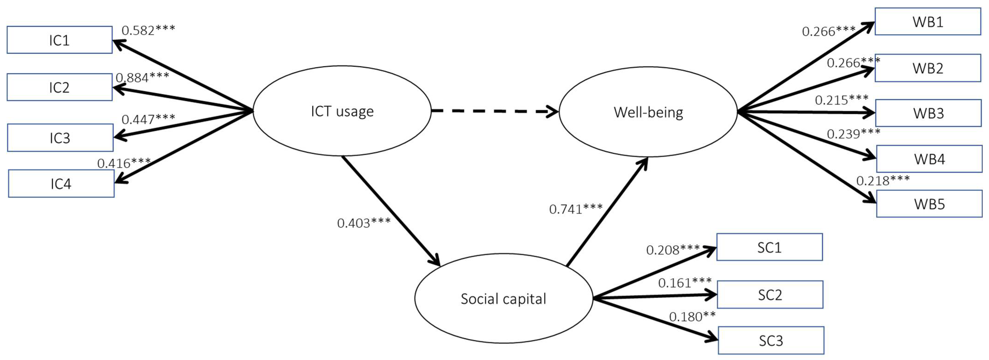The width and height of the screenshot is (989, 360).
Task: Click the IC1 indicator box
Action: [59, 40]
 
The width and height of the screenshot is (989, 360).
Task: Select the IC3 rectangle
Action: [60, 138]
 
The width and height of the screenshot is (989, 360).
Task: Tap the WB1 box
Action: [928, 22]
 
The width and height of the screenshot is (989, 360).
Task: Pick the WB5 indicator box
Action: [929, 204]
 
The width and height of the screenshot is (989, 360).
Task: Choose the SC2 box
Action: [770, 295]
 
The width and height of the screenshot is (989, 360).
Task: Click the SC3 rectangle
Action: [771, 340]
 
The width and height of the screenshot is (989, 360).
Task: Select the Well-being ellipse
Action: [648, 112]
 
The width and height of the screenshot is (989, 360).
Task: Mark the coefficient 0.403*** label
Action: [363, 223]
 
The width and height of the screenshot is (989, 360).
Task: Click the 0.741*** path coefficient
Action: [576, 209]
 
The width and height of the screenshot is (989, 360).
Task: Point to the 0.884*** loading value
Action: [142, 78]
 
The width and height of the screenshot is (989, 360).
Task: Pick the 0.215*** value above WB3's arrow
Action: [842, 100]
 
